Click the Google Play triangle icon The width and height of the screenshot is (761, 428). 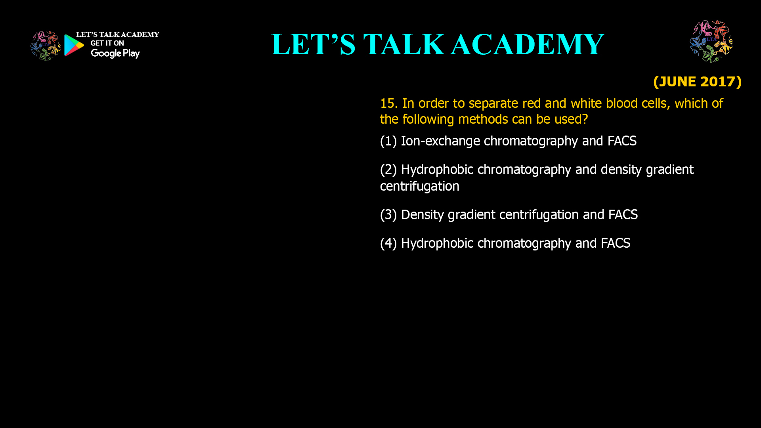[74, 45]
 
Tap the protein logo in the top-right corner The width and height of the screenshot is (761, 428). [711, 41]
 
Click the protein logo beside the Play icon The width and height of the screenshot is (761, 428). [46, 46]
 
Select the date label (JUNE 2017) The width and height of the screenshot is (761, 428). [697, 82]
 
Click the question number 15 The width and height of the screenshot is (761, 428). [389, 103]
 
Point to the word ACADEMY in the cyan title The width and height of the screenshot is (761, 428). [528, 44]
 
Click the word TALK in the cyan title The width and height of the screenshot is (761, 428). [403, 44]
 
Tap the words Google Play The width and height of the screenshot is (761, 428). [115, 53]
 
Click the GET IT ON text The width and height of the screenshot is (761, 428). [107, 43]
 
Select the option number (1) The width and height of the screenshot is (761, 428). [388, 141]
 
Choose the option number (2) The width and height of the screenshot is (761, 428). [388, 170]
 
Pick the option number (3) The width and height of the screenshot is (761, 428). [388, 215]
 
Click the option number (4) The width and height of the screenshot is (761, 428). [388, 243]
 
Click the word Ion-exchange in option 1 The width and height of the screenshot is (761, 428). [440, 141]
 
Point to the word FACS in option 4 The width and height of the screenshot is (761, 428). [616, 243]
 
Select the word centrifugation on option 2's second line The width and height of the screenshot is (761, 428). [420, 186]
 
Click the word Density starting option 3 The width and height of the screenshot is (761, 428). [423, 215]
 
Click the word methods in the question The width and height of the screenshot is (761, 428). [481, 119]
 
